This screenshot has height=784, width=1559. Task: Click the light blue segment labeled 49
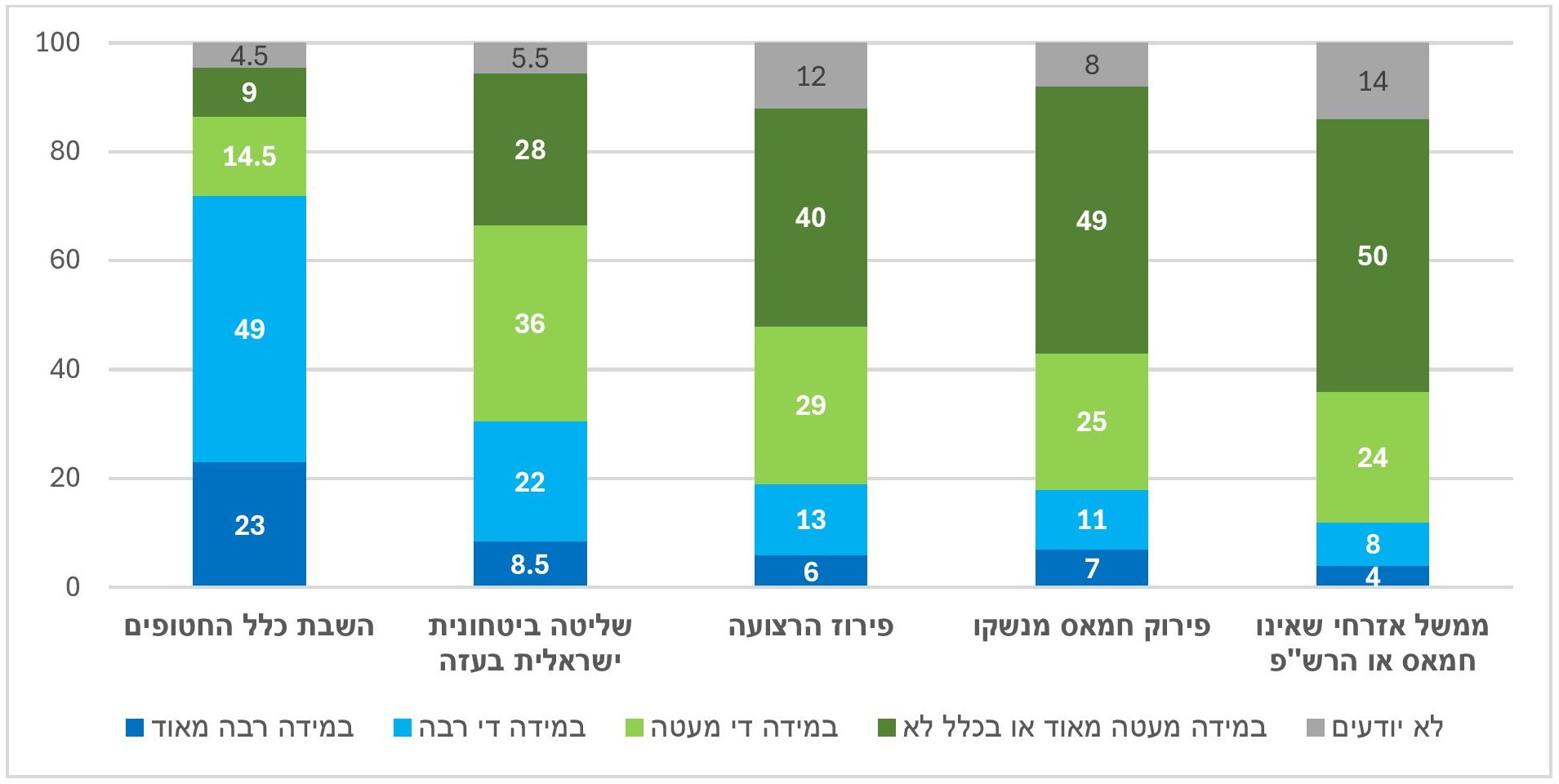click(x=249, y=329)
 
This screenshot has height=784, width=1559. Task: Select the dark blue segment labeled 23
click(x=249, y=524)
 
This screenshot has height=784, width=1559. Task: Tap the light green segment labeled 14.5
click(x=249, y=156)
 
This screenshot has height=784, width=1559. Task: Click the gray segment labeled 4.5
click(x=249, y=55)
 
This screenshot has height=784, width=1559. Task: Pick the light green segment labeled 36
click(x=530, y=323)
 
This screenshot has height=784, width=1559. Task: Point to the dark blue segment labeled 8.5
click(x=530, y=563)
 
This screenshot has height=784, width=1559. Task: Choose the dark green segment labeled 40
click(x=811, y=217)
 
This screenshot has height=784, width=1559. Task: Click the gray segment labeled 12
click(x=811, y=75)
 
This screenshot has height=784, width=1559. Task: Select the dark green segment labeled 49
click(x=1092, y=220)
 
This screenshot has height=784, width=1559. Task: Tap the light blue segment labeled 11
click(x=1092, y=519)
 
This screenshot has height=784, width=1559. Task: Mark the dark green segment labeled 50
click(x=1373, y=256)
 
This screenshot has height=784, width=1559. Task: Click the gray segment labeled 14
click(x=1373, y=81)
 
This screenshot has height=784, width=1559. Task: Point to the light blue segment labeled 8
click(x=1373, y=544)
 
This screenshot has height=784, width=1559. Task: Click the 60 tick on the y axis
click(x=65, y=260)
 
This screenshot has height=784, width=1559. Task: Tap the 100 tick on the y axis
click(x=58, y=42)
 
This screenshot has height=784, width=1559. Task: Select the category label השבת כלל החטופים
click(x=249, y=626)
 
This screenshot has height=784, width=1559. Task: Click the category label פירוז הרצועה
click(x=811, y=626)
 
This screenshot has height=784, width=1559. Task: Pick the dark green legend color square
click(x=886, y=727)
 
